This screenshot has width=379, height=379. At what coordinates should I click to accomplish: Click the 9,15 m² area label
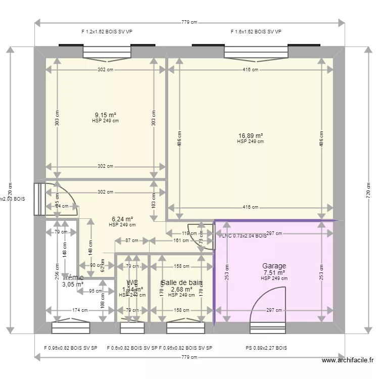(105, 115)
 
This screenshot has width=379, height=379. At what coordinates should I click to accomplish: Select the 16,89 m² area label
(251, 135)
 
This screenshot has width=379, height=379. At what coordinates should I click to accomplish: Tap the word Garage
(274, 266)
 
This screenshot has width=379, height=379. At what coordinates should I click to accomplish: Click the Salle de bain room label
(181, 283)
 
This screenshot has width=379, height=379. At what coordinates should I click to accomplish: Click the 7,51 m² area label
(274, 272)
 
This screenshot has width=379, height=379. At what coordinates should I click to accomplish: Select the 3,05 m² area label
(73, 285)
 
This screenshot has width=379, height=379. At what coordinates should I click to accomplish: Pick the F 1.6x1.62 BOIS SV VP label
(256, 31)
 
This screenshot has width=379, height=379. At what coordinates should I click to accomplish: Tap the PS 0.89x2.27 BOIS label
(266, 348)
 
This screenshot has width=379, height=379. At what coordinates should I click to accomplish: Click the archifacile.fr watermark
(347, 360)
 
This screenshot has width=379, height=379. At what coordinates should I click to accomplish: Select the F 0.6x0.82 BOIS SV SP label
(132, 348)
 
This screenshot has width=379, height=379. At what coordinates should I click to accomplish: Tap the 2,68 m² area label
(181, 290)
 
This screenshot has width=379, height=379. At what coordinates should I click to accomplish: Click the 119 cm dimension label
(189, 233)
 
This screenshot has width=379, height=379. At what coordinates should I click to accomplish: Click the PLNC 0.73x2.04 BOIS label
(243, 235)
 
